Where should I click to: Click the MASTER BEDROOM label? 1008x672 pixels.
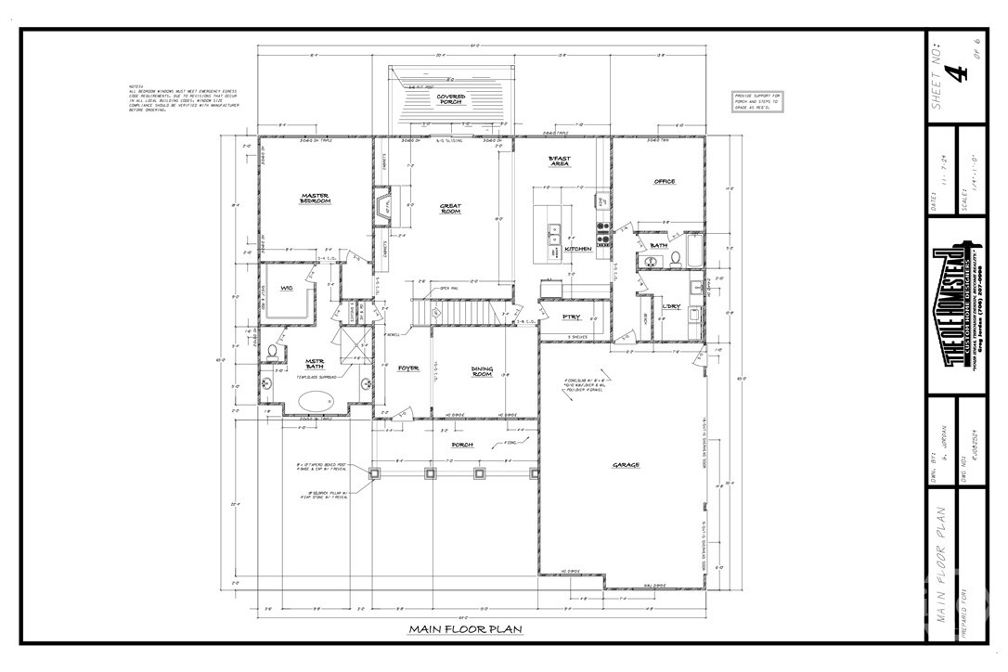pyautogui.click(x=316, y=199)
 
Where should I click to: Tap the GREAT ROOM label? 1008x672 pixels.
pyautogui.click(x=450, y=209)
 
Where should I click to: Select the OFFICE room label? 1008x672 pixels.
pyautogui.click(x=664, y=182)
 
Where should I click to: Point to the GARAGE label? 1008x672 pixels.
pyautogui.click(x=626, y=464)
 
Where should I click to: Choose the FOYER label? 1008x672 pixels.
pyautogui.click(x=408, y=368)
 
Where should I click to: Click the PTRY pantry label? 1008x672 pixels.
pyautogui.click(x=572, y=317)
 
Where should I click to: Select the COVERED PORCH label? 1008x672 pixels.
pyautogui.click(x=451, y=99)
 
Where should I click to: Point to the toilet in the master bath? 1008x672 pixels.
pyautogui.click(x=273, y=354)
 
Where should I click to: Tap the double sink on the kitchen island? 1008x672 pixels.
pyautogui.click(x=554, y=229)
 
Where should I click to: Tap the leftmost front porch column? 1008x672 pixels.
pyautogui.click(x=375, y=474)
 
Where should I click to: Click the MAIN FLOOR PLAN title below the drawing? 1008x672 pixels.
pyautogui.click(x=466, y=629)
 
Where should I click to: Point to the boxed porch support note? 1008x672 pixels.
pyautogui.click(x=758, y=102)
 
